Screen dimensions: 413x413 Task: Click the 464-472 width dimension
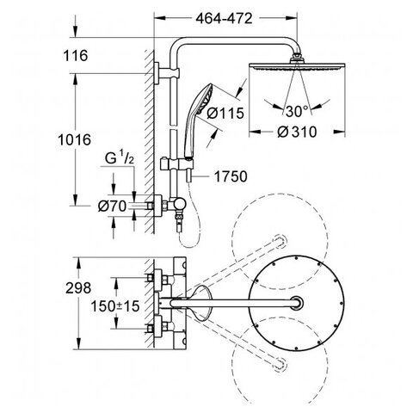click(224, 18)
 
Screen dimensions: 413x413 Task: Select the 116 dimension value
click(76, 55)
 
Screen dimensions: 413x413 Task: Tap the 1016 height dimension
click(75, 139)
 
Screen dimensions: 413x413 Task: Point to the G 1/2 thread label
click(120, 158)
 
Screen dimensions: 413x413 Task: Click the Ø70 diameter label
click(112, 206)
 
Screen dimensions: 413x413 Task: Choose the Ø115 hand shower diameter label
click(225, 113)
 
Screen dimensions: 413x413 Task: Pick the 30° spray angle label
click(297, 111)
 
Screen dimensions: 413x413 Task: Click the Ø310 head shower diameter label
click(297, 133)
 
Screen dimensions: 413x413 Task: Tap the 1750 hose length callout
click(231, 176)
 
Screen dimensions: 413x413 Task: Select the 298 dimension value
click(78, 288)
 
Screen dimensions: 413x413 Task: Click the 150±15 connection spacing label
click(115, 306)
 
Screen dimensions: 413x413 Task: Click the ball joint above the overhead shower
click(297, 56)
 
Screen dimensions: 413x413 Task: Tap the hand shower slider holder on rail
click(176, 164)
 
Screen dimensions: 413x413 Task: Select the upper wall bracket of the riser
click(166, 73)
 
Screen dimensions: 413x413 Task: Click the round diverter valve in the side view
click(180, 204)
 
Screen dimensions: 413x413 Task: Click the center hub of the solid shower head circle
click(297, 303)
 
